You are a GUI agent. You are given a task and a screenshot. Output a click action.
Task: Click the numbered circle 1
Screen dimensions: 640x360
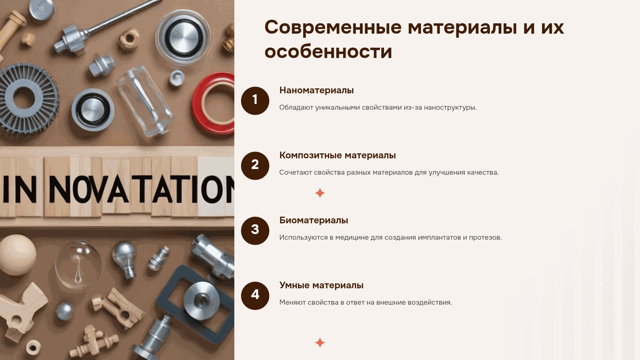(255, 101)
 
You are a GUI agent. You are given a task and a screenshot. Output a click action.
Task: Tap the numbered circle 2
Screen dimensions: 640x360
(255, 166)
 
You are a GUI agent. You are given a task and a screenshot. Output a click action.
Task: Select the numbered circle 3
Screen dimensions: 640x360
(255, 231)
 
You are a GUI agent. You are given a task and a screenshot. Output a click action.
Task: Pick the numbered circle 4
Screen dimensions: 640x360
(255, 296)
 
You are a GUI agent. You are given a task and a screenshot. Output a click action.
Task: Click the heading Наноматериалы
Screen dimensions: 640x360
(316, 90)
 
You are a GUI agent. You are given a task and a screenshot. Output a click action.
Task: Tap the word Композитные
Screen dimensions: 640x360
(310, 155)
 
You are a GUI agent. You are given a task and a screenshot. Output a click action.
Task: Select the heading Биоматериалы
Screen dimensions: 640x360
(314, 220)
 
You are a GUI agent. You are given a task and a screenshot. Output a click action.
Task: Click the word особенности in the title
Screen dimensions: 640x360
(328, 52)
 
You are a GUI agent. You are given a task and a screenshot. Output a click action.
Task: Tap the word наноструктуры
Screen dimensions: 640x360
(450, 108)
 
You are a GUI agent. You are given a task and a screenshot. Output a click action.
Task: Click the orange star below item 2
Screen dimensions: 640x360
(320, 193)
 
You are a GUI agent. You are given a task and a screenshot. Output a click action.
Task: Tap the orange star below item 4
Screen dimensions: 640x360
(320, 343)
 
